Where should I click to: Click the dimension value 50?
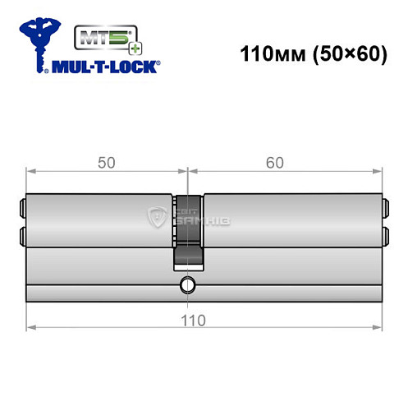[106, 162]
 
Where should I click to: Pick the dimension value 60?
[275, 162]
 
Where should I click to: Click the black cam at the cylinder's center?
[188, 234]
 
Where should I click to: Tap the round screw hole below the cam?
[188, 286]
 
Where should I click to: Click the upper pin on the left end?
[21, 207]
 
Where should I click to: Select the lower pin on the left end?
[21, 236]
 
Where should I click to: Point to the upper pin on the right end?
[385, 207]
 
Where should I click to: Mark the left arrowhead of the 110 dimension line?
[30, 326]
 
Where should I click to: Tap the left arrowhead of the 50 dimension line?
[30, 171]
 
